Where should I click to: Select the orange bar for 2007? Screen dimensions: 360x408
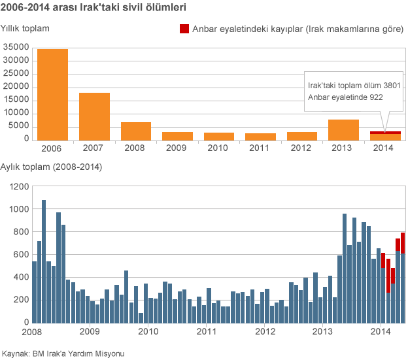94,116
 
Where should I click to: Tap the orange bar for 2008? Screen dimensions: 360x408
136,131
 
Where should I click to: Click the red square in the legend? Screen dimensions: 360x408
184,29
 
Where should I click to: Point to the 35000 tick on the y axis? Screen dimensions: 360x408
16,47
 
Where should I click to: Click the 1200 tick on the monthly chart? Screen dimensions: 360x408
20,187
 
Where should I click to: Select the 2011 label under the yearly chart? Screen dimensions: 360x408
260,148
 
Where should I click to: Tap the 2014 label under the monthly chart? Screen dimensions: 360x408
381,332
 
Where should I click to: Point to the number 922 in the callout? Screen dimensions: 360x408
375,97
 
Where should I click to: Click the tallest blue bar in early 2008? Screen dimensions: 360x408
44,261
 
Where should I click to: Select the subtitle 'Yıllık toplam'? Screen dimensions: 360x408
25,29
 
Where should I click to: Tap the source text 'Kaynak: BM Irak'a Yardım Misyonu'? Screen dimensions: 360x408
63,353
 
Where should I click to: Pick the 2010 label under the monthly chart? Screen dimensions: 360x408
148,332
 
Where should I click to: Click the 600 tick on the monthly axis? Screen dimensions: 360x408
22,255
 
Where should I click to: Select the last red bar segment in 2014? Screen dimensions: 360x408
403,242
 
